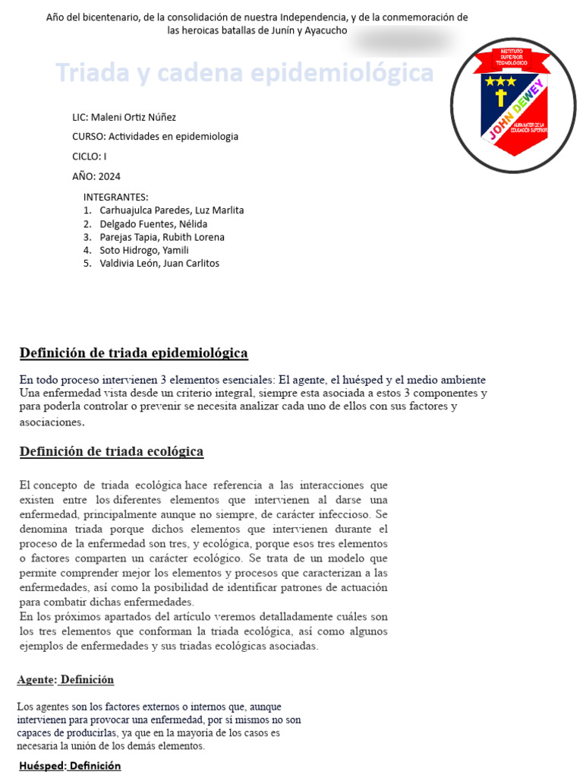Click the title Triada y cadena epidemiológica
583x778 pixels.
click(244, 74)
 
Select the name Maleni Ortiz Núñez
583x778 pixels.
click(134, 117)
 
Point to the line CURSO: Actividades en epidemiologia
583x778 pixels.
click(155, 137)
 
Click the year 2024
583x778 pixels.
click(110, 176)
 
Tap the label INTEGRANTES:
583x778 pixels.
click(115, 197)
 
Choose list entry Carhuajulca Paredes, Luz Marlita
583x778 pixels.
click(172, 210)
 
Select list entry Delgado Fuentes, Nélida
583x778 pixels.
click(153, 224)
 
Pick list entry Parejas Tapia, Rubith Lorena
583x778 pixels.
click(162, 237)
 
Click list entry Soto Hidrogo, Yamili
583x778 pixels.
click(144, 250)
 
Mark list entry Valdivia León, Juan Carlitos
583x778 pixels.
click(159, 263)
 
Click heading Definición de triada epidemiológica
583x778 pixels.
click(134, 353)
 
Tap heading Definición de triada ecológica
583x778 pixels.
click(112, 451)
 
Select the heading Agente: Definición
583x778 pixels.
click(65, 679)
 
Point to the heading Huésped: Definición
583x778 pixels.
click(70, 766)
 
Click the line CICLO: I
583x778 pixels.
click(89, 157)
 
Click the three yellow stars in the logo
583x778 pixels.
click(500, 81)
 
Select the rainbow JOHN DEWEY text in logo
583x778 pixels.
click(516, 111)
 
